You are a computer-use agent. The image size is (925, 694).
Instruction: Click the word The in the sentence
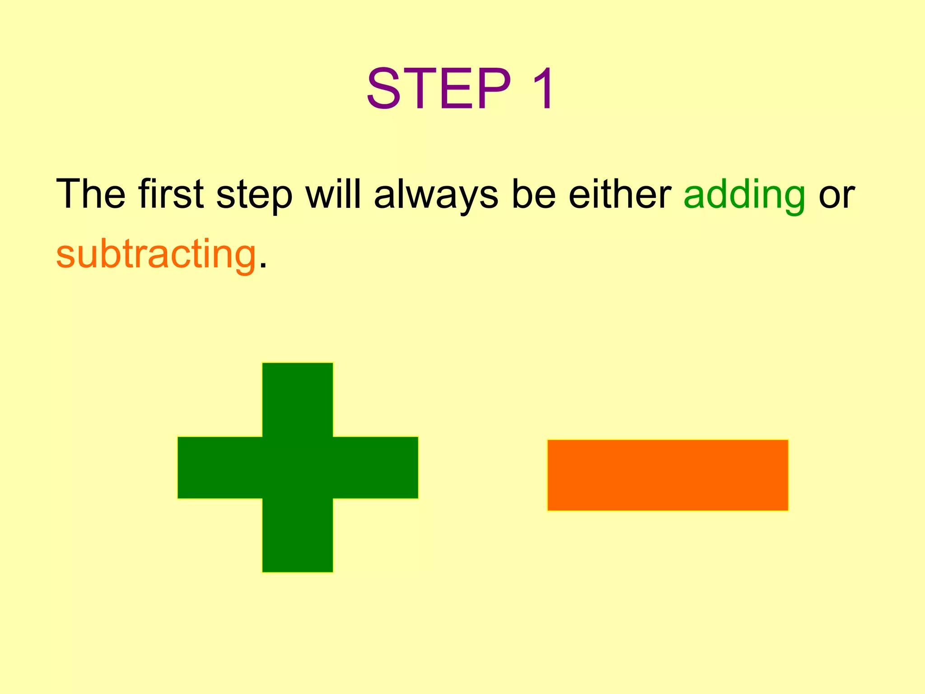coord(90,194)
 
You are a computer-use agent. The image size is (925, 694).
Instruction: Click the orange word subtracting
coord(156,254)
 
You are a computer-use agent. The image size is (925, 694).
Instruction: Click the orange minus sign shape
coord(668,475)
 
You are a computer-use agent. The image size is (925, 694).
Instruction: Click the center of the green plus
coord(298,468)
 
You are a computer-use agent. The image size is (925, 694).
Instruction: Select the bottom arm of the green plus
coord(298,535)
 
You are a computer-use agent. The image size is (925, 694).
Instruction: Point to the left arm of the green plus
coord(220,468)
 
